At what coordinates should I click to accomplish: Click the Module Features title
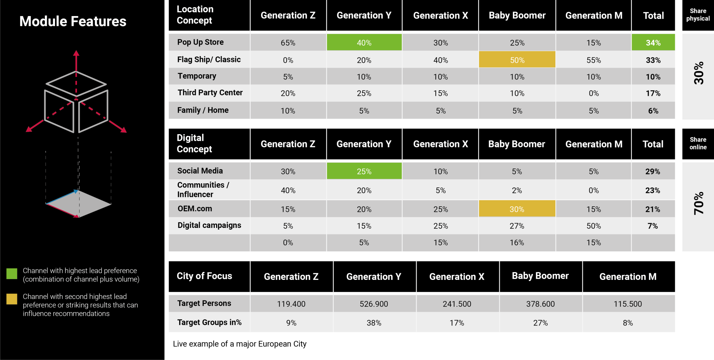pos(73,21)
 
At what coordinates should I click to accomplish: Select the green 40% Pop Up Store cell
pos(364,43)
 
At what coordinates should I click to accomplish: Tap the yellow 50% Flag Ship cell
pos(517,60)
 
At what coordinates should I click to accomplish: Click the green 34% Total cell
pos(653,43)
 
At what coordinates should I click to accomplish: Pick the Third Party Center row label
pos(210,93)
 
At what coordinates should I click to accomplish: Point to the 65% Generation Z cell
pos(288,43)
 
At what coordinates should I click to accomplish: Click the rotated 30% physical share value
pos(698,74)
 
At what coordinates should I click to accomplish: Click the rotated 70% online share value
pos(698,204)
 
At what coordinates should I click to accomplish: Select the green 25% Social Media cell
pos(364,171)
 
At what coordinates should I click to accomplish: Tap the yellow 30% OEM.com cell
pos(517,209)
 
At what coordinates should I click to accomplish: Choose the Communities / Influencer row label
pos(203,190)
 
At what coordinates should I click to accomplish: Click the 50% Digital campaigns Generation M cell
pos(593,226)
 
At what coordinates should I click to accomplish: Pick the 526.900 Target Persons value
pos(374,304)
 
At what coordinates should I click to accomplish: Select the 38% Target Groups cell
pos(374,323)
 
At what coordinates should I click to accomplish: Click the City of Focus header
pos(204,276)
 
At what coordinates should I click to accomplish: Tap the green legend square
pos(12,274)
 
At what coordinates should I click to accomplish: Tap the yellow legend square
pos(12,299)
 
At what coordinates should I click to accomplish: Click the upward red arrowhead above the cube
pos(76,53)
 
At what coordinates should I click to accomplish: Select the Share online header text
pos(698,143)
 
